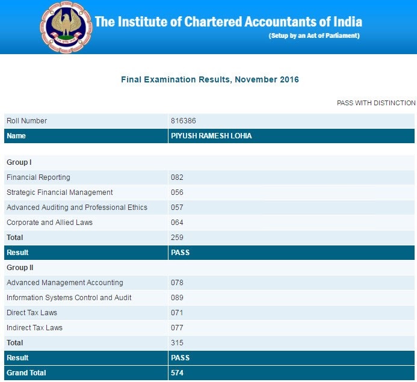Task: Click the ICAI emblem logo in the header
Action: click(66, 26)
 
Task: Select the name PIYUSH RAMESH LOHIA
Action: click(211, 136)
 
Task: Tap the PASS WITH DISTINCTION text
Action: click(376, 103)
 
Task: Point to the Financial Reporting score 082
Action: click(177, 177)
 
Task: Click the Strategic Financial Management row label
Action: click(60, 193)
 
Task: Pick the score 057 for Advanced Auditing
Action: click(177, 208)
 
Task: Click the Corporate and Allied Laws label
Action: click(49, 223)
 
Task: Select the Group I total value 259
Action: click(177, 238)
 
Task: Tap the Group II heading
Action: click(20, 268)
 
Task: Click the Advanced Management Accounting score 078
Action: click(177, 283)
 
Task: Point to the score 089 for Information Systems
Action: click(177, 298)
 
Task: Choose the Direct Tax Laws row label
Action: click(32, 313)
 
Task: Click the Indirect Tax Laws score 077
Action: click(177, 328)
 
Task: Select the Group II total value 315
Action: click(177, 343)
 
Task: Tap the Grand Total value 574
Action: click(177, 373)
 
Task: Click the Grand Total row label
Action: click(26, 373)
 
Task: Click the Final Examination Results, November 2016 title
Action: click(210, 79)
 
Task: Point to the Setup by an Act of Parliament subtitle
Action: click(314, 36)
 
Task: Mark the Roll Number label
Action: click(26, 121)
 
